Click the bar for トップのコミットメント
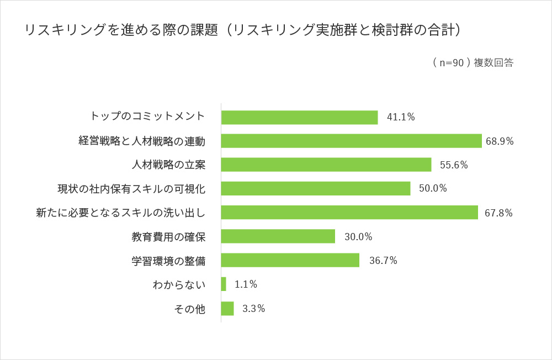[299, 117]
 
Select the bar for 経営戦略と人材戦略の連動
[351, 141]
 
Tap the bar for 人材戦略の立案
[326, 165]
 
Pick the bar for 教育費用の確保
[278, 236]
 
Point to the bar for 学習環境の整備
[290, 260]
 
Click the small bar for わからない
[224, 284]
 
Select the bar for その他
[227, 308]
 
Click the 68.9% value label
[500, 141]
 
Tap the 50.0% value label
[433, 188]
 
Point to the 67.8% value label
[498, 213]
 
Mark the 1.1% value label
[246, 284]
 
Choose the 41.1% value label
[401, 117]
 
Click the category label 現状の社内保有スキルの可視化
[131, 189]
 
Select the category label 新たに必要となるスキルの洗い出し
[120, 213]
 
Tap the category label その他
[189, 309]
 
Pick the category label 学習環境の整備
[168, 261]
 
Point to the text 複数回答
[493, 63]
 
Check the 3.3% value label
[253, 309]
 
